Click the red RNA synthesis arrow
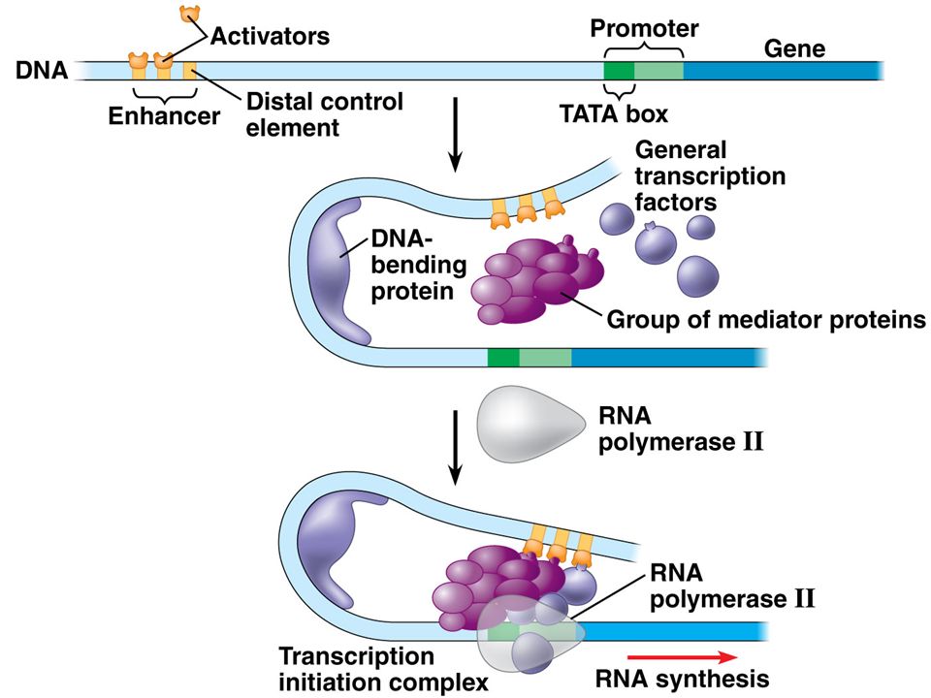click(682, 657)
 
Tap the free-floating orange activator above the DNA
click(190, 14)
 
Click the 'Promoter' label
click(644, 28)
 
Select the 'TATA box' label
click(614, 113)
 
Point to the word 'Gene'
click(794, 48)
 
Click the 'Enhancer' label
click(164, 115)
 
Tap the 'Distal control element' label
click(325, 114)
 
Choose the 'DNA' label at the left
click(42, 71)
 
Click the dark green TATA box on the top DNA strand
click(619, 71)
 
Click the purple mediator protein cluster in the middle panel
click(537, 280)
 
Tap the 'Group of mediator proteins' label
click(766, 320)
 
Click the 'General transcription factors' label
click(710, 176)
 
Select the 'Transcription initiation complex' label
click(384, 669)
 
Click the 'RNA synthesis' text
click(682, 679)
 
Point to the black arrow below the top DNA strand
click(456, 134)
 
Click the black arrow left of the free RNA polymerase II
click(456, 447)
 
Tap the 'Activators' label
click(271, 36)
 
